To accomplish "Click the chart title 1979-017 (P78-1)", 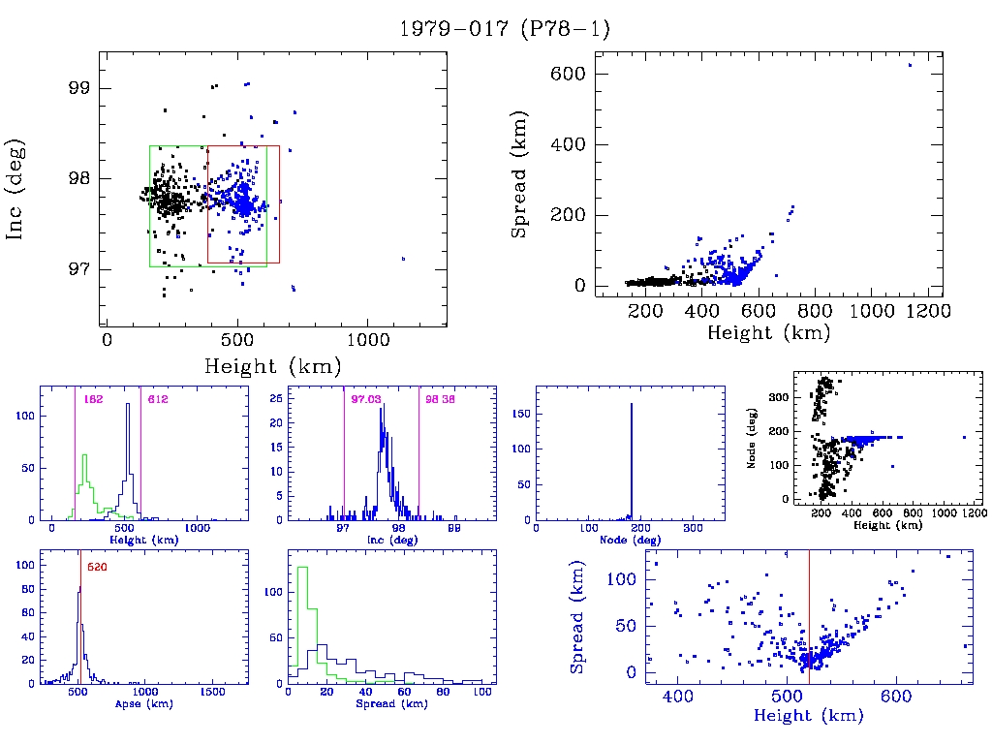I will (505, 29).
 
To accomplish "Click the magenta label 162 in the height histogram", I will (93, 399).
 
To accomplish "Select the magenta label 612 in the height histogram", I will (156, 399).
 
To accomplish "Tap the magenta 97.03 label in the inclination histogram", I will (363, 399).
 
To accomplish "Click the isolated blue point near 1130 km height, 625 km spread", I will (910, 65).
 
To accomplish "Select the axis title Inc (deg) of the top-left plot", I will (16, 189).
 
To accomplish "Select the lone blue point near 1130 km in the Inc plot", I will (403, 259).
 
